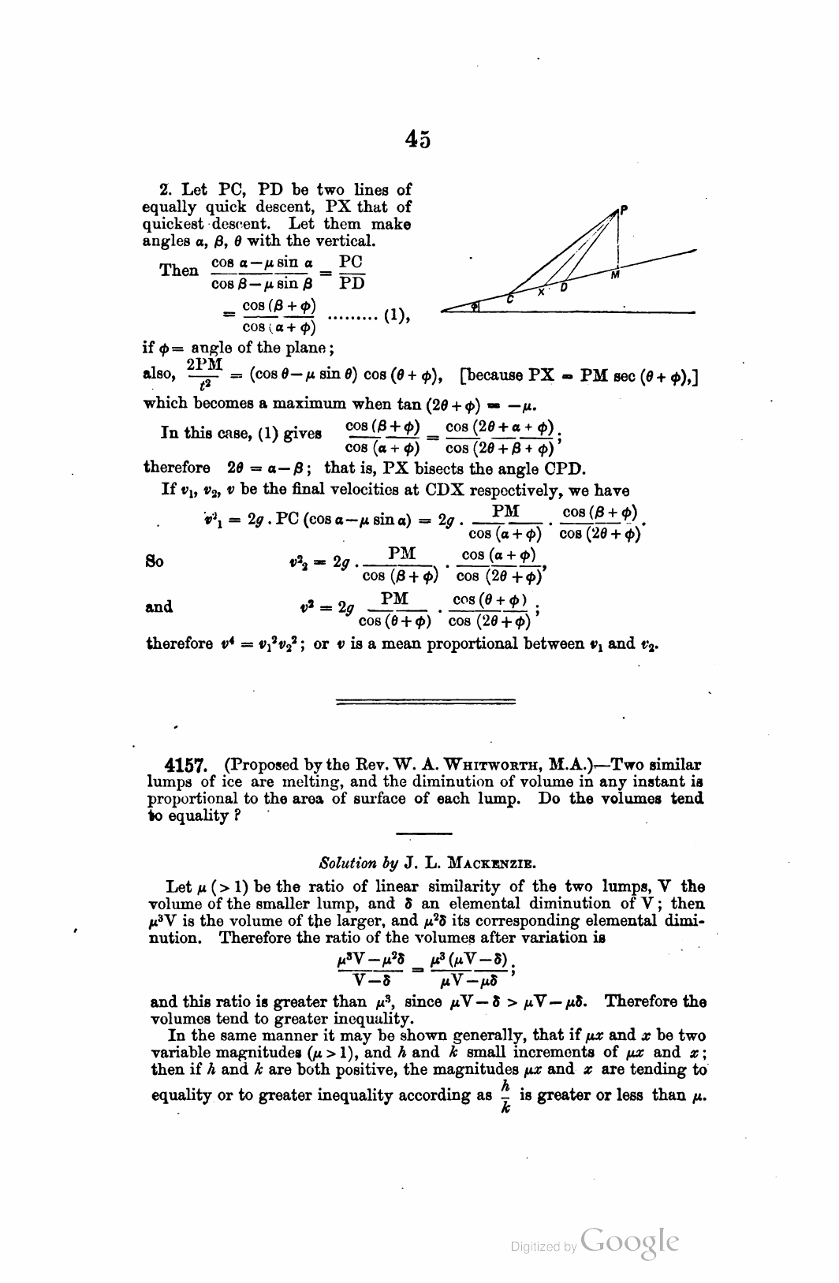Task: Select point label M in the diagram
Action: [x=615, y=275]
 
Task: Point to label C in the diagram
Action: [x=511, y=299]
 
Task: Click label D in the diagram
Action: [x=564, y=288]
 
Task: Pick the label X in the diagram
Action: [x=542, y=292]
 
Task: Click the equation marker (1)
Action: [x=393, y=316]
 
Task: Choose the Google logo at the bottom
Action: [x=628, y=1243]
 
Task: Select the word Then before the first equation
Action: [x=179, y=270]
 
